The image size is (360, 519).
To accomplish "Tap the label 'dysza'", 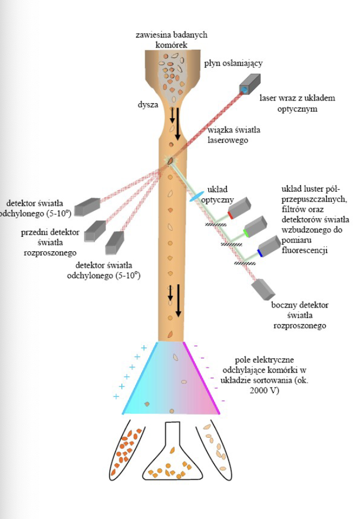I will click(x=149, y=103).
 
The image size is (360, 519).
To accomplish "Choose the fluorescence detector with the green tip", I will click(x=255, y=226).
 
